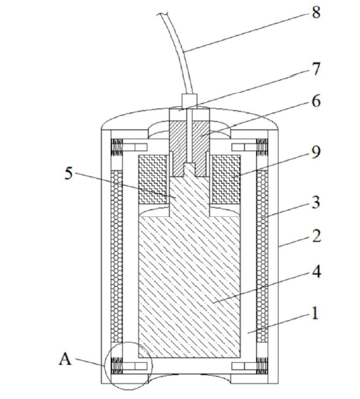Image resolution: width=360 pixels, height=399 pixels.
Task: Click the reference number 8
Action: tap(316, 12)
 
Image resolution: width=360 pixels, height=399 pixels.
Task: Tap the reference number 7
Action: tap(316, 69)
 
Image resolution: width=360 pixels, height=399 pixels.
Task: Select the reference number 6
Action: tap(316, 101)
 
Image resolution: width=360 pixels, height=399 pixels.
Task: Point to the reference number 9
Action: tap(316, 152)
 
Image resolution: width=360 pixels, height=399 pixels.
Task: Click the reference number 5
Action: tap(68, 174)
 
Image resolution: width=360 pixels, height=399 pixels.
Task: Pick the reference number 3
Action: tap(316, 203)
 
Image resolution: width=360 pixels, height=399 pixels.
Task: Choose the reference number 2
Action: tap(316, 236)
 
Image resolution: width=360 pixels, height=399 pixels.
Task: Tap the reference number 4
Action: tap(316, 271)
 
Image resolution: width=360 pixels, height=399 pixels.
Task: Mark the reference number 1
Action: tap(315, 313)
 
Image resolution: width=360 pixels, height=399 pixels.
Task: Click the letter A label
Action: tap(65, 360)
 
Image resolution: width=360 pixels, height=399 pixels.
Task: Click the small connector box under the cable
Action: tap(190, 100)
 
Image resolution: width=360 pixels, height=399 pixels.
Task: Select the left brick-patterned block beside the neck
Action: tap(153, 179)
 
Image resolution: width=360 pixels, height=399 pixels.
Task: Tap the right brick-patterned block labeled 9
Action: tap(226, 179)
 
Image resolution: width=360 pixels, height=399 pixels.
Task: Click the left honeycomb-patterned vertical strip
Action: tap(116, 256)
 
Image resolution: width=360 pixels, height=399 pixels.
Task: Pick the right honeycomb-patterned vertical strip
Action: tap(262, 256)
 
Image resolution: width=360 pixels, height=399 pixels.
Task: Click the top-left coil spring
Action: tap(117, 147)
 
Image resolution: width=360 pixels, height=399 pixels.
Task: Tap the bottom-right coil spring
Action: tap(262, 366)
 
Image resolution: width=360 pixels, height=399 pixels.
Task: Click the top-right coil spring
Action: tap(262, 147)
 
